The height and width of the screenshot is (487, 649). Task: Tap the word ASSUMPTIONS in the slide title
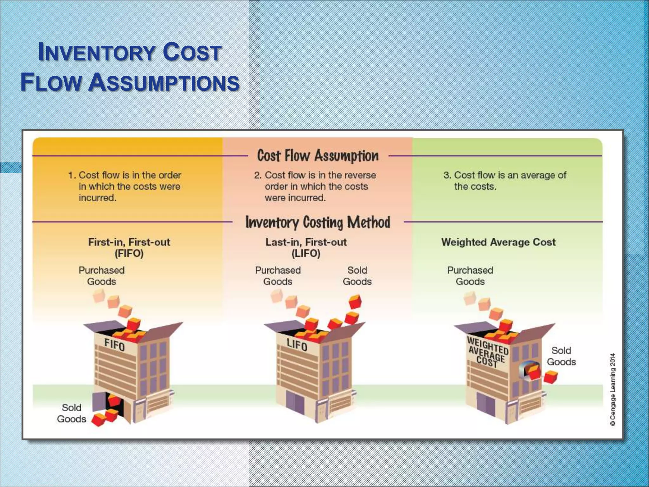(x=164, y=82)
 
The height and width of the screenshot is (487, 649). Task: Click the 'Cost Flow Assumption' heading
(x=318, y=156)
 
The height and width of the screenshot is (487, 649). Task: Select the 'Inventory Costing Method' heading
(x=318, y=222)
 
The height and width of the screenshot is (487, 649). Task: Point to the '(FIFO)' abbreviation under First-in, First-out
(x=129, y=254)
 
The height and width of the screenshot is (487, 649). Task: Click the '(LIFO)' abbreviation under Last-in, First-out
(x=306, y=254)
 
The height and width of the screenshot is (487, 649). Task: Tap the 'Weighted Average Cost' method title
(x=498, y=242)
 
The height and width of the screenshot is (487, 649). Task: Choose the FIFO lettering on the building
(x=114, y=345)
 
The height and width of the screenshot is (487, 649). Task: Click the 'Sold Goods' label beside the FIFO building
(x=72, y=413)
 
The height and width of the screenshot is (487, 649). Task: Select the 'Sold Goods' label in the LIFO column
(x=357, y=276)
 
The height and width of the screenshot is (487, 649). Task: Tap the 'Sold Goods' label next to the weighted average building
(x=561, y=356)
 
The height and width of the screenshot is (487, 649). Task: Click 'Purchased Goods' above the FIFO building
(x=101, y=276)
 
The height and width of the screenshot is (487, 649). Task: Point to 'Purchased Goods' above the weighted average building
(x=470, y=276)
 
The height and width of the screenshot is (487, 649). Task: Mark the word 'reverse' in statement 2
(x=360, y=175)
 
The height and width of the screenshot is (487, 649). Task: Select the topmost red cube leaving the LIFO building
(x=355, y=302)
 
